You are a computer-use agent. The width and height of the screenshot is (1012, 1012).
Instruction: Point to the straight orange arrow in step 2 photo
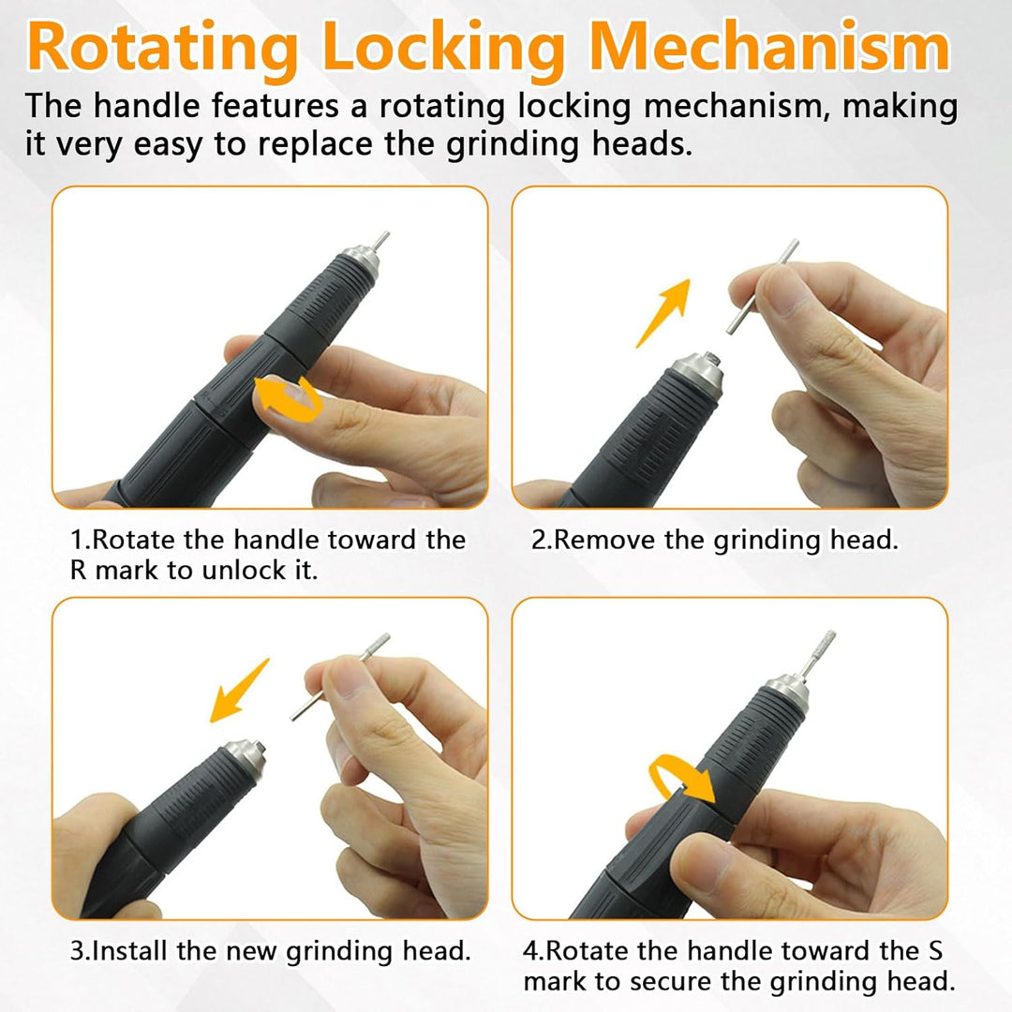tap(662, 314)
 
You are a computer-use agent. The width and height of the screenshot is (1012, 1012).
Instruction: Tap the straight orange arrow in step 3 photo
tap(240, 691)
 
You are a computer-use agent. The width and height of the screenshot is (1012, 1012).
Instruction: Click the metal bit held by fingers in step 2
tap(762, 287)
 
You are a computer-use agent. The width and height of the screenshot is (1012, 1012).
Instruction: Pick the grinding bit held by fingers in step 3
tap(340, 677)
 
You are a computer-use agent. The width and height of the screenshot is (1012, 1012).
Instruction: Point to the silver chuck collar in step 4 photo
tap(788, 692)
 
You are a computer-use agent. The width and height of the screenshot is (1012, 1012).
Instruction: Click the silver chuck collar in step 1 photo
tap(360, 258)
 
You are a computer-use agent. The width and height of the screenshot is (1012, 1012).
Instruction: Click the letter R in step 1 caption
tap(78, 571)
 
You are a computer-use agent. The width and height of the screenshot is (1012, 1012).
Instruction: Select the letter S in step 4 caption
tap(935, 951)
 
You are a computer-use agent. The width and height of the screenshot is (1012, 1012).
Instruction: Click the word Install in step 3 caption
tap(131, 951)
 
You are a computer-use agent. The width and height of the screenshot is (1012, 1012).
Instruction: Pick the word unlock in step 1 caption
tap(243, 571)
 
